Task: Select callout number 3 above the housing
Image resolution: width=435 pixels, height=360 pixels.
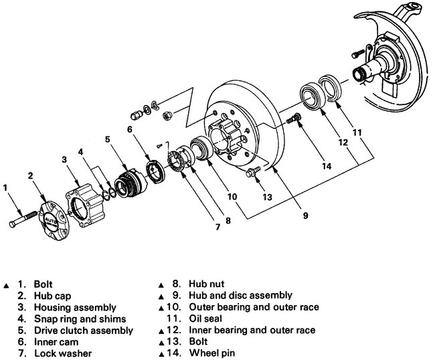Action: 64,159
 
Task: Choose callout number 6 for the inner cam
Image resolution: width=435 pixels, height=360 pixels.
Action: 130,128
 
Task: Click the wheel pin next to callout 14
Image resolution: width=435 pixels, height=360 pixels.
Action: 294,118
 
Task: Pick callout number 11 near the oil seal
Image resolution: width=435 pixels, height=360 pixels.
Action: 358,132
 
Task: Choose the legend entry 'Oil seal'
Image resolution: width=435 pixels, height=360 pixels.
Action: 198,319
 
